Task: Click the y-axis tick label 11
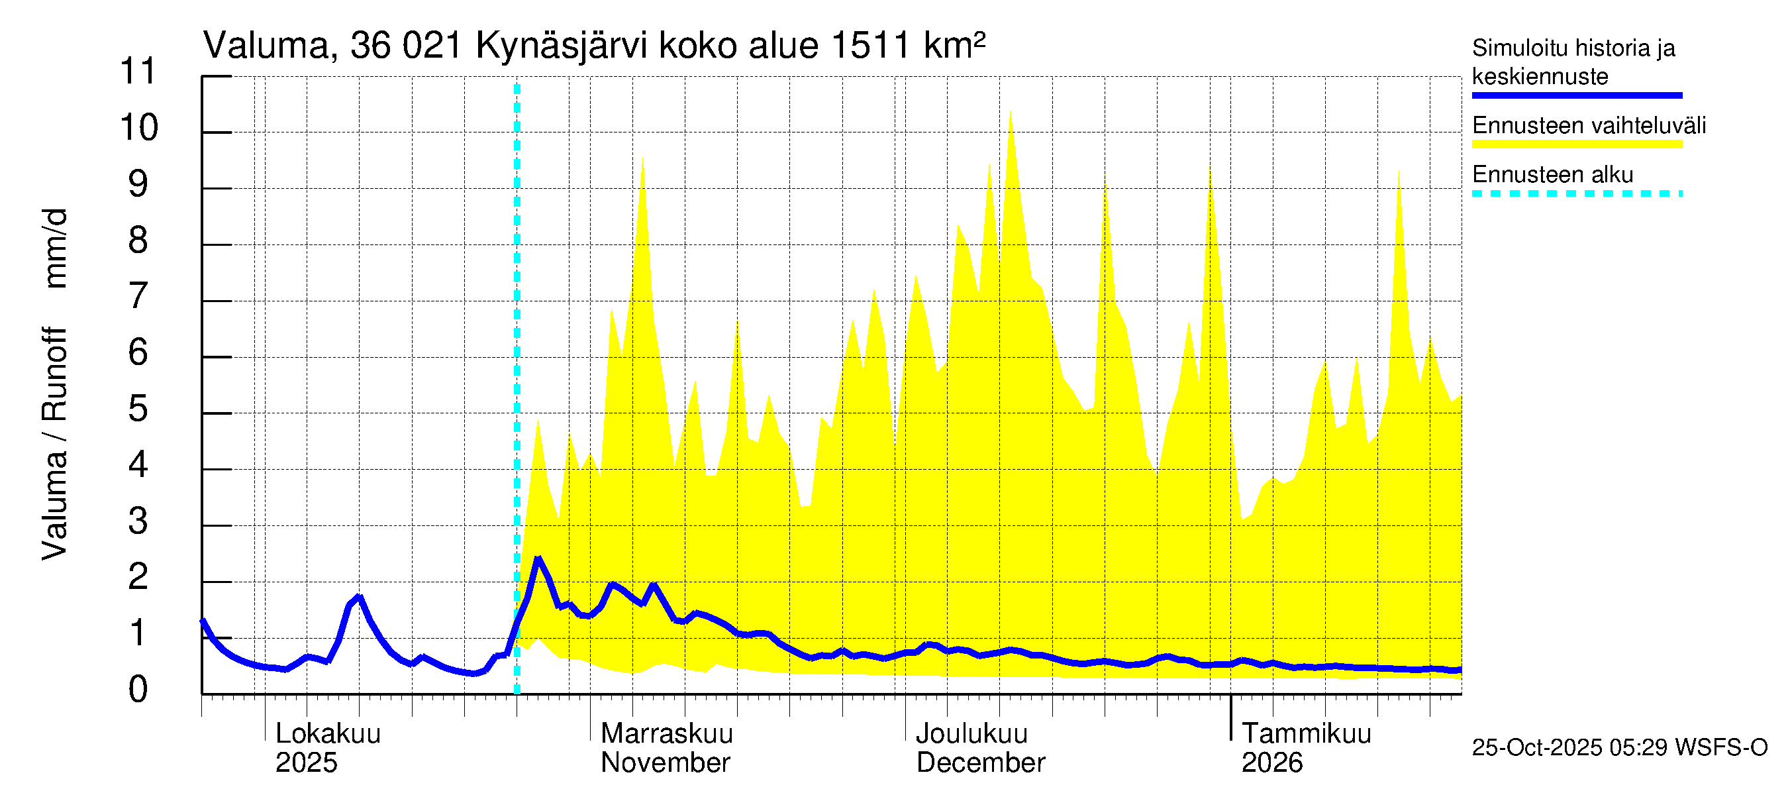pyautogui.click(x=139, y=72)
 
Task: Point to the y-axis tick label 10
pyautogui.click(x=139, y=128)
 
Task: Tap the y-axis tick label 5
pyautogui.click(x=138, y=409)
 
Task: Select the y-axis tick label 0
pyautogui.click(x=138, y=690)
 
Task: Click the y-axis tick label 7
pyautogui.click(x=138, y=297)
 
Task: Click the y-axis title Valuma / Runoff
pyautogui.click(x=54, y=445)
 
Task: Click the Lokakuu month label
pyautogui.click(x=328, y=734)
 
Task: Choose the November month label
pyautogui.click(x=665, y=763)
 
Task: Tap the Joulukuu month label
pyautogui.click(x=971, y=734)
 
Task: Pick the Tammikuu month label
pyautogui.click(x=1306, y=734)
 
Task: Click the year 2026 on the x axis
pyautogui.click(x=1271, y=763)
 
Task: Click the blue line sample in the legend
pyautogui.click(x=1576, y=95)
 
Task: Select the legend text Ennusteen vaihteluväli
pyautogui.click(x=1589, y=126)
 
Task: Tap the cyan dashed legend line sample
pyautogui.click(x=1576, y=193)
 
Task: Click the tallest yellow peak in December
pyautogui.click(x=1010, y=113)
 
